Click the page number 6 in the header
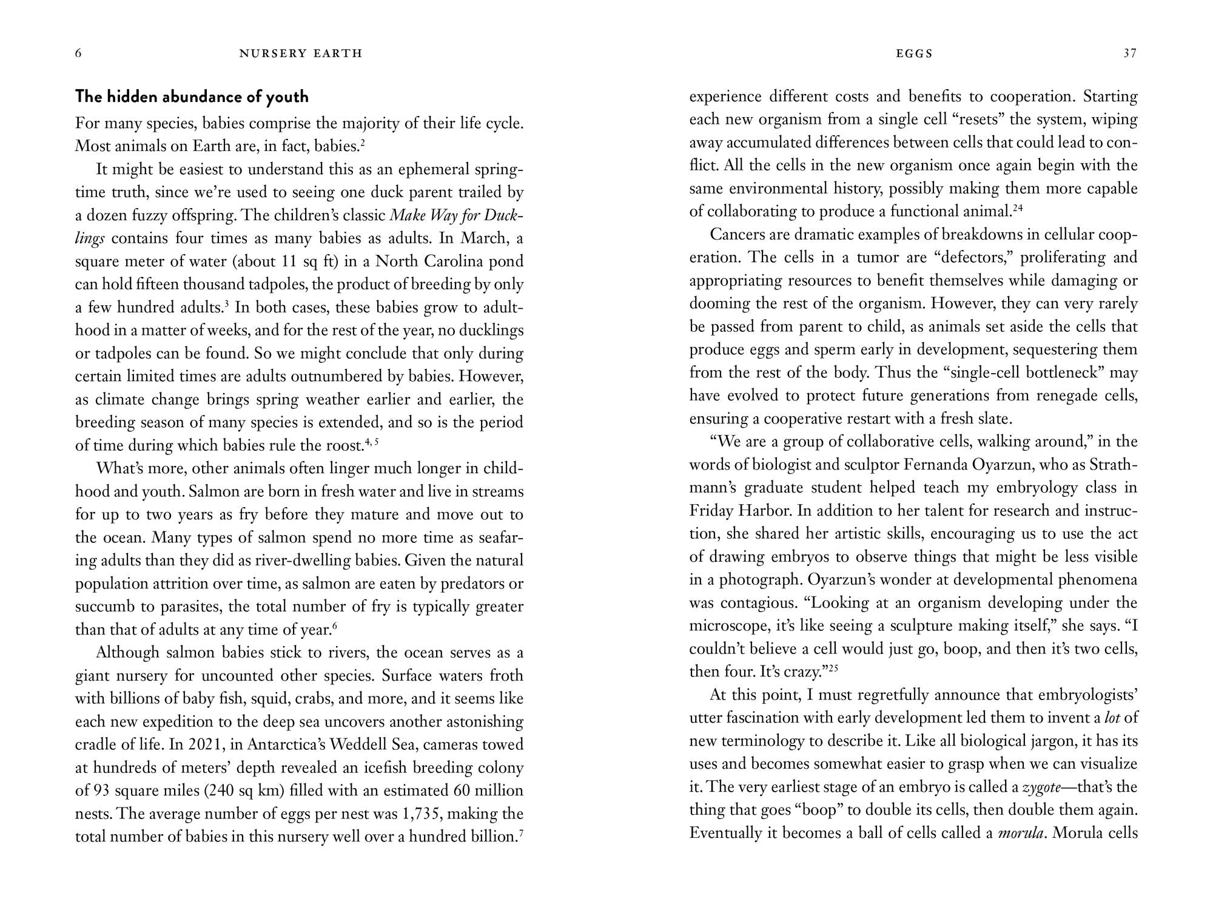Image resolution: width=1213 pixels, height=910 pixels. click(x=78, y=53)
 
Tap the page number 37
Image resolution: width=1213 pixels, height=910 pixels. click(x=1130, y=53)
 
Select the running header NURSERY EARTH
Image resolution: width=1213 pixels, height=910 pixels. click(x=301, y=53)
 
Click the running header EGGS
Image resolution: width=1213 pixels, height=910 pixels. click(x=914, y=53)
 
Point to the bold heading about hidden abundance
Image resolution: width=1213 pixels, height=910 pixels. click(x=192, y=96)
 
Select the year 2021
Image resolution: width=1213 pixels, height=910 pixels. click(x=207, y=744)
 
